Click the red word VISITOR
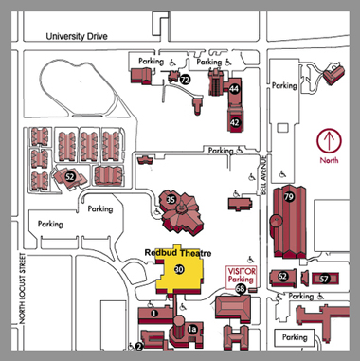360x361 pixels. coord(243,271)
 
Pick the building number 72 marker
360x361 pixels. coord(186,81)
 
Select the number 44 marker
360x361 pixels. coord(234,88)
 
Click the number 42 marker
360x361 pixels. coord(234,122)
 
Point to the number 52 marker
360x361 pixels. coord(70,175)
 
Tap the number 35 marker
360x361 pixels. coord(171,199)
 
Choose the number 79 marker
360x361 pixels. coord(289,198)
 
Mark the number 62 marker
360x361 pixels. coord(282,277)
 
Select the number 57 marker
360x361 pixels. coord(323,279)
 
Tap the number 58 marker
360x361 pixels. coord(243,291)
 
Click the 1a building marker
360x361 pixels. coord(191,329)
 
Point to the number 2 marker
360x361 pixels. coord(138,346)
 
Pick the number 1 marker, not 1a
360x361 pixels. coord(153,313)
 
